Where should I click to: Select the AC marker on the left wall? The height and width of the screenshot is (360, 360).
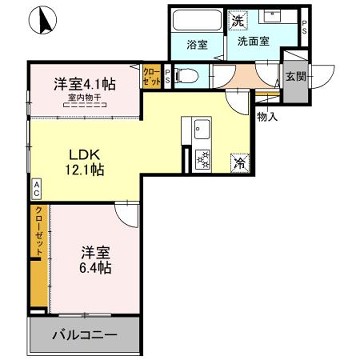click(x=36, y=185)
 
